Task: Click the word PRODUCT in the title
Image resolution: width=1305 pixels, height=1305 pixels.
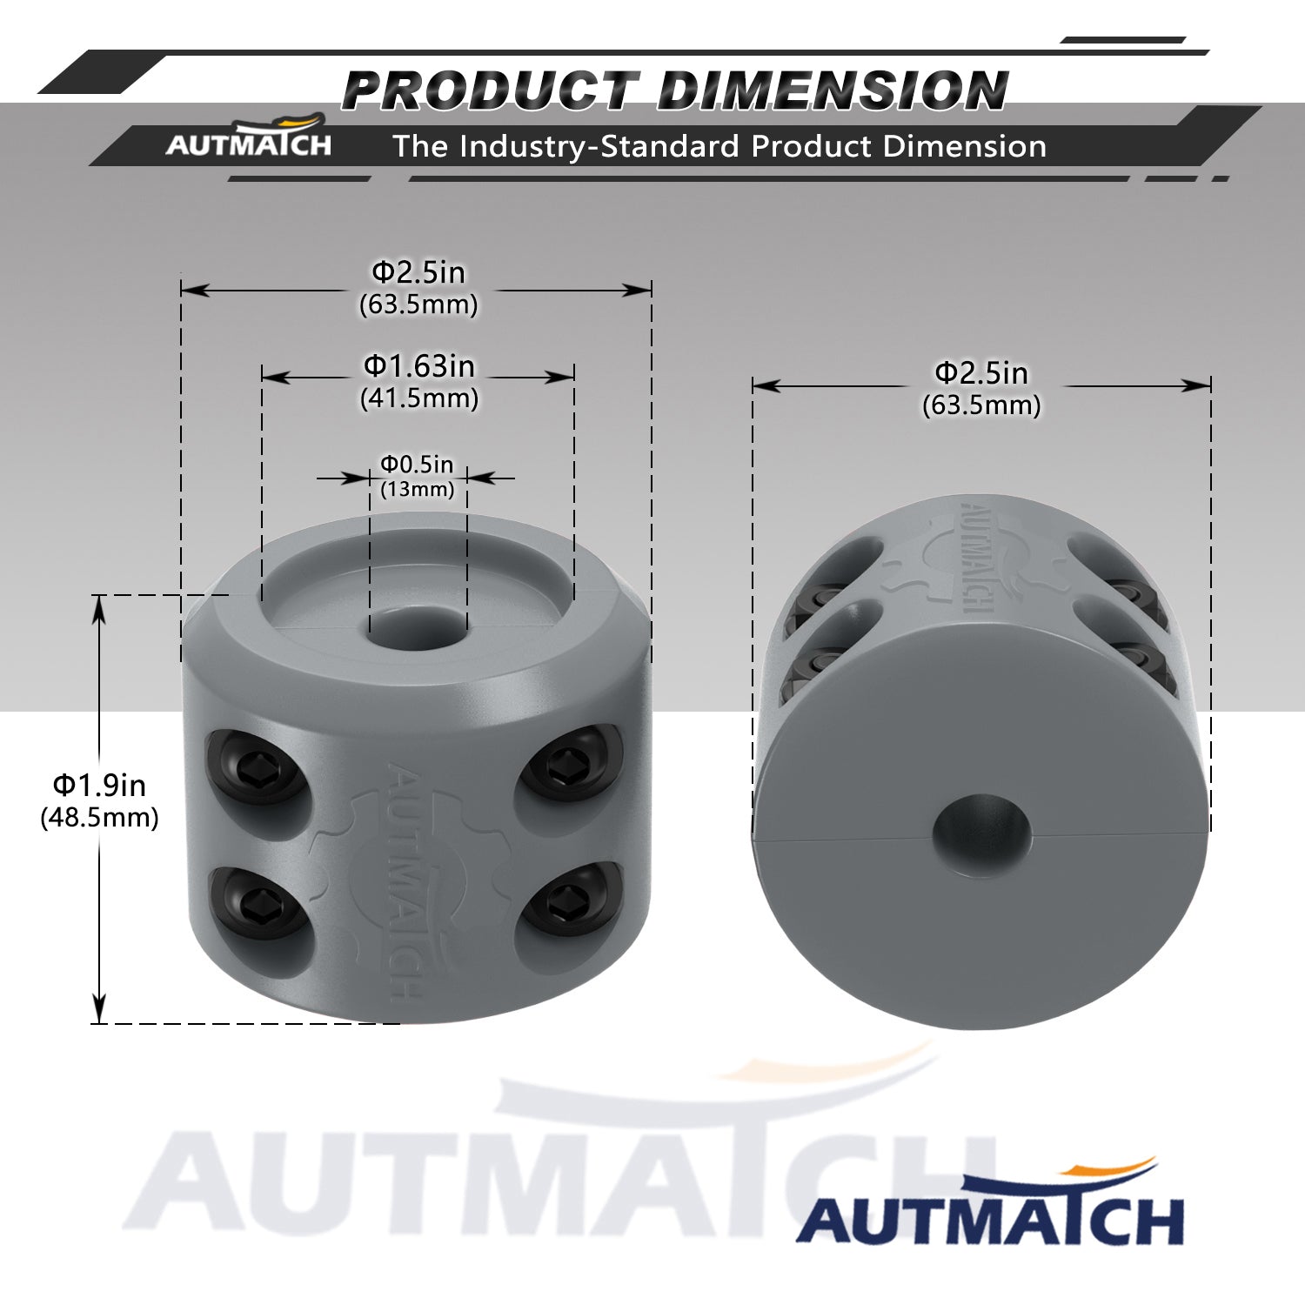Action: pos(489,90)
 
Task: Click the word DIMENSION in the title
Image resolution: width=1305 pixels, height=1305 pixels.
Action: pos(833,90)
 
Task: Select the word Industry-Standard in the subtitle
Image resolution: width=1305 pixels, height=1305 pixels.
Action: pos(600,146)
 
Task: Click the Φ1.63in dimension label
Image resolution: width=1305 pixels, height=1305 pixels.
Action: pos(419,366)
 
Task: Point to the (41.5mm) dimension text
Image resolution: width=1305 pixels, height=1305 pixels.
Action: pos(419,398)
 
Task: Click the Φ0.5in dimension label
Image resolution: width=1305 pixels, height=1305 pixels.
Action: pos(417,465)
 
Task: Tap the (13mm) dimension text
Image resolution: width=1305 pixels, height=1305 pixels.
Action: pos(418,489)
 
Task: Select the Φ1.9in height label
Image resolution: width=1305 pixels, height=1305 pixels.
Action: pos(99,786)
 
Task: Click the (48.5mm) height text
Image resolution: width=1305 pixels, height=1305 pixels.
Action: pos(99,818)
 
